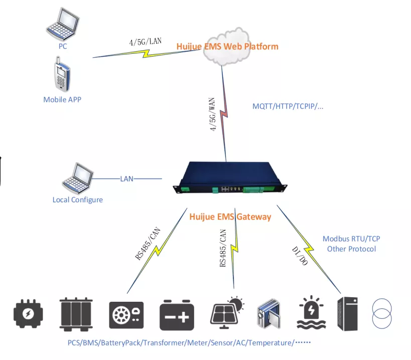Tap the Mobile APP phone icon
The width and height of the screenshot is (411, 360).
(x=61, y=75)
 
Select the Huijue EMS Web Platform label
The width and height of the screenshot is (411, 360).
(x=227, y=47)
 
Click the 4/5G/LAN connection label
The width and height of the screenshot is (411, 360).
(x=146, y=42)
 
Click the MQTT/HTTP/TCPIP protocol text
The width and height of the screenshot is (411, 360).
(x=287, y=107)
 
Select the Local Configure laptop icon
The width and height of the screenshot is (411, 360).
(x=77, y=178)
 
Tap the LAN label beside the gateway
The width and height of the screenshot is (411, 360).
(x=127, y=178)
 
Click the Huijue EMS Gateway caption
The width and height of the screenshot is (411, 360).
(x=230, y=217)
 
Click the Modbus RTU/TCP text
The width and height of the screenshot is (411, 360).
(x=351, y=239)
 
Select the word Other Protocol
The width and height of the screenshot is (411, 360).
(x=351, y=249)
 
